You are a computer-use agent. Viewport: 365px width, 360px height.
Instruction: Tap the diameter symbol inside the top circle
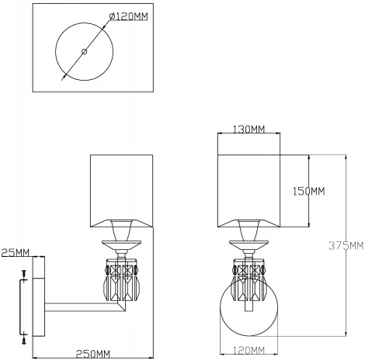pyautogui.click(x=83, y=52)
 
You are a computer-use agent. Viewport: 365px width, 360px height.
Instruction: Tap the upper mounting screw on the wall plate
pyautogui.click(x=25, y=275)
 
